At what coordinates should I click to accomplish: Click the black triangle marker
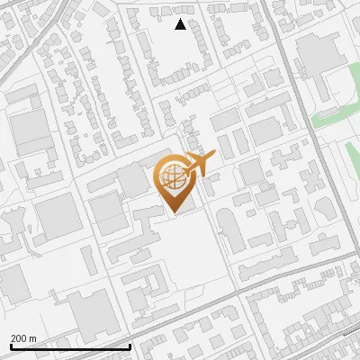coord(180,24)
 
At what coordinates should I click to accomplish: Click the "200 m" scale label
coord(22,337)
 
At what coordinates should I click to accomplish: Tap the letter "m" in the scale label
coord(31,337)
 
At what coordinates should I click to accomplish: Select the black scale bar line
coord(69,346)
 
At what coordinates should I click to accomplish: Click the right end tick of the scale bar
coord(130,346)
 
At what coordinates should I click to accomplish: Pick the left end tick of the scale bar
coord(10,346)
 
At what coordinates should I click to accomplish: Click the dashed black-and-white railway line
coord(351,332)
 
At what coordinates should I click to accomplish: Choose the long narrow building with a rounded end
coord(229,229)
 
